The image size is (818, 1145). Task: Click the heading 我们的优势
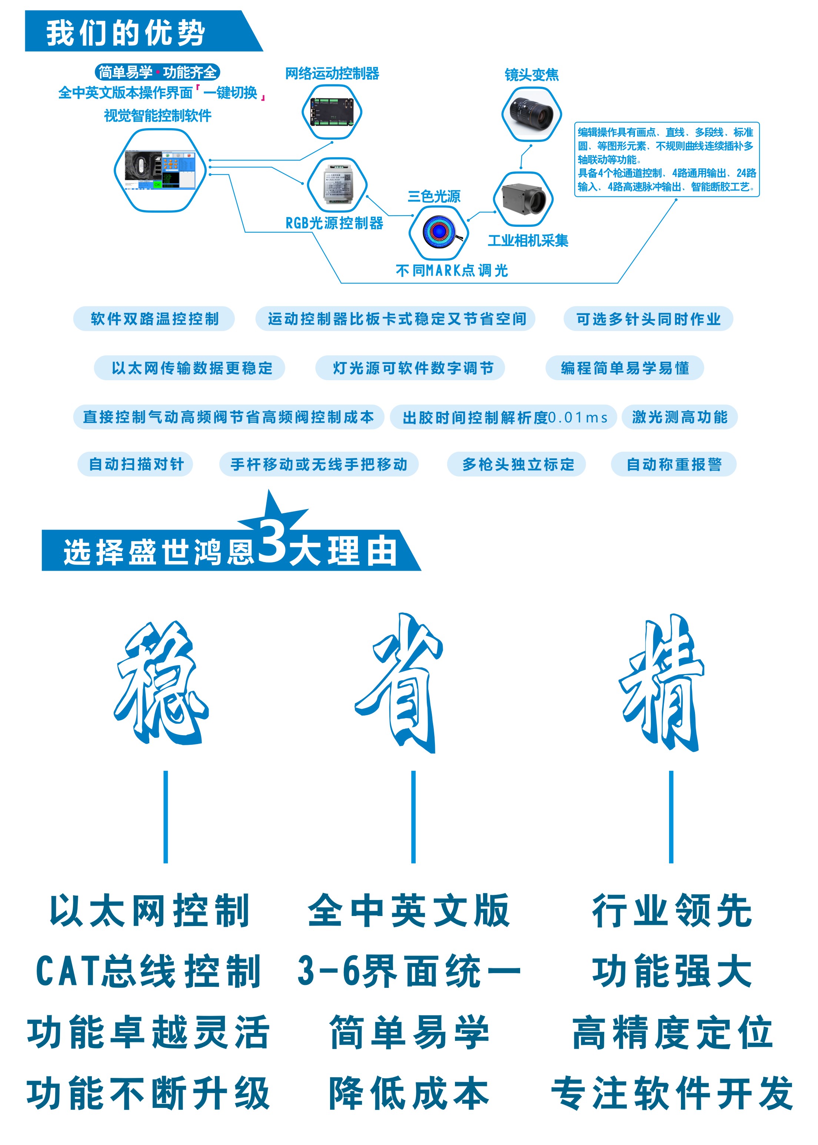pos(126,33)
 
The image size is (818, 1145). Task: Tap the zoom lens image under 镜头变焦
pos(531,114)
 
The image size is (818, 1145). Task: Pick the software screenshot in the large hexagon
pos(160,170)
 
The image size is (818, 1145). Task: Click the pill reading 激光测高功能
pos(679,417)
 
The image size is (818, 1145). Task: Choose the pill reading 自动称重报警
pos(674,464)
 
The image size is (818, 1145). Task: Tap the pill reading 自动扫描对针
pos(136,464)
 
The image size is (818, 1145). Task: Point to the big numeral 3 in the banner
pos(273,541)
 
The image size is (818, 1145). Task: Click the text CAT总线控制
pos(148,970)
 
